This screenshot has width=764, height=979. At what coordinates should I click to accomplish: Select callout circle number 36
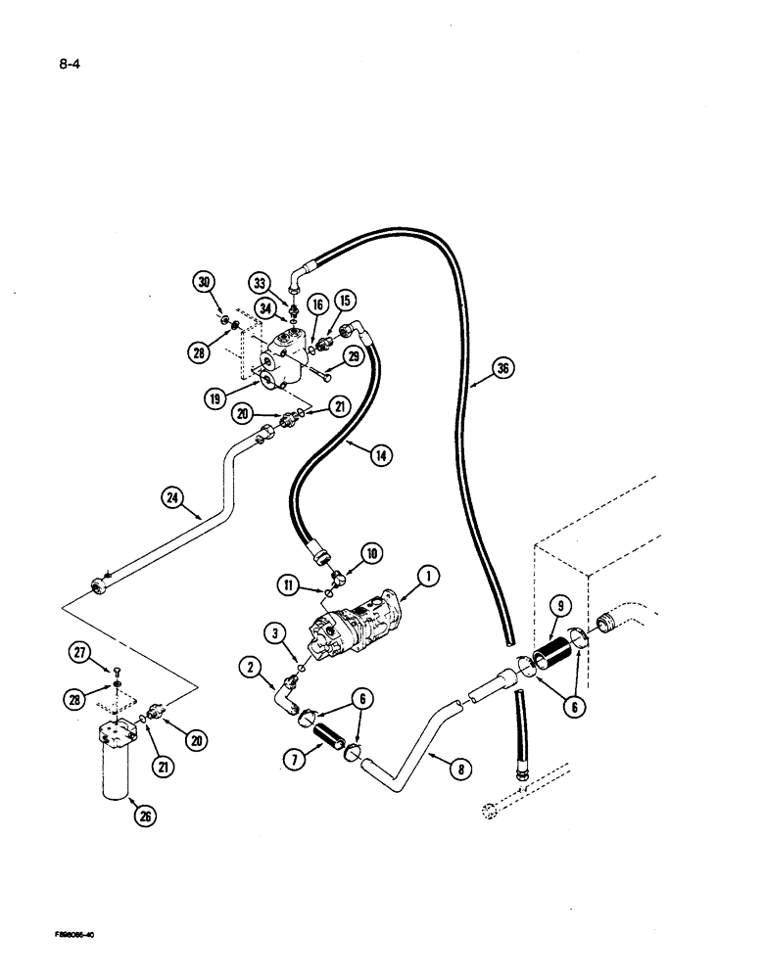point(502,370)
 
